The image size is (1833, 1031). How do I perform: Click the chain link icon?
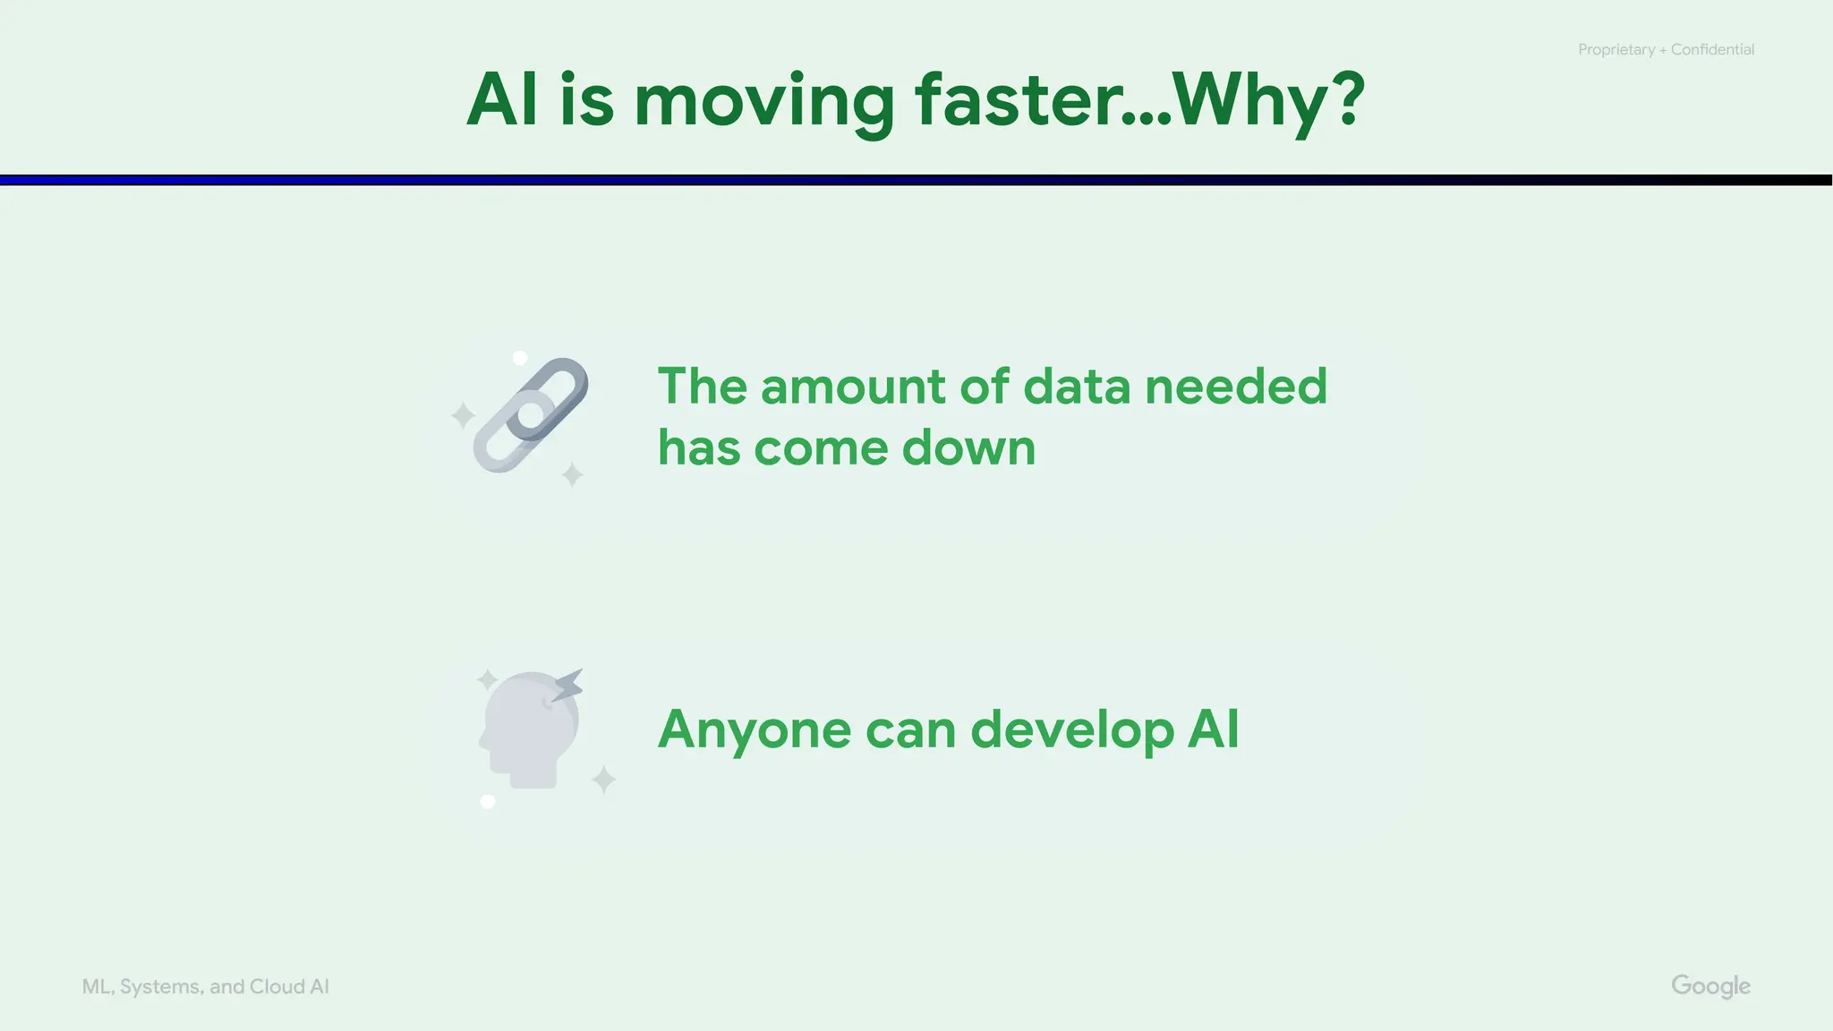531,414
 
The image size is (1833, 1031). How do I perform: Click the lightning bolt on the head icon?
567,686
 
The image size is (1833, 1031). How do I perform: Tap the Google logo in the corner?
1710,986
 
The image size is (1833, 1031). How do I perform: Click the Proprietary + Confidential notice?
1666,50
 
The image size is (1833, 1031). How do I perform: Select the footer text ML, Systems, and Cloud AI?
205,986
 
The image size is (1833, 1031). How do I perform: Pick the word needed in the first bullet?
1236,387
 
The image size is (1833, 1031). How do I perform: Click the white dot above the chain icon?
520,358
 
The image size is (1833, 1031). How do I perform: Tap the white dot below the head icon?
488,801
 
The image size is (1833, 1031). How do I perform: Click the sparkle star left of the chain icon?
463,415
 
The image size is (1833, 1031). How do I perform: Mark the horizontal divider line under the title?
916,180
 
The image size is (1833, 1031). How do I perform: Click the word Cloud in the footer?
277,986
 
